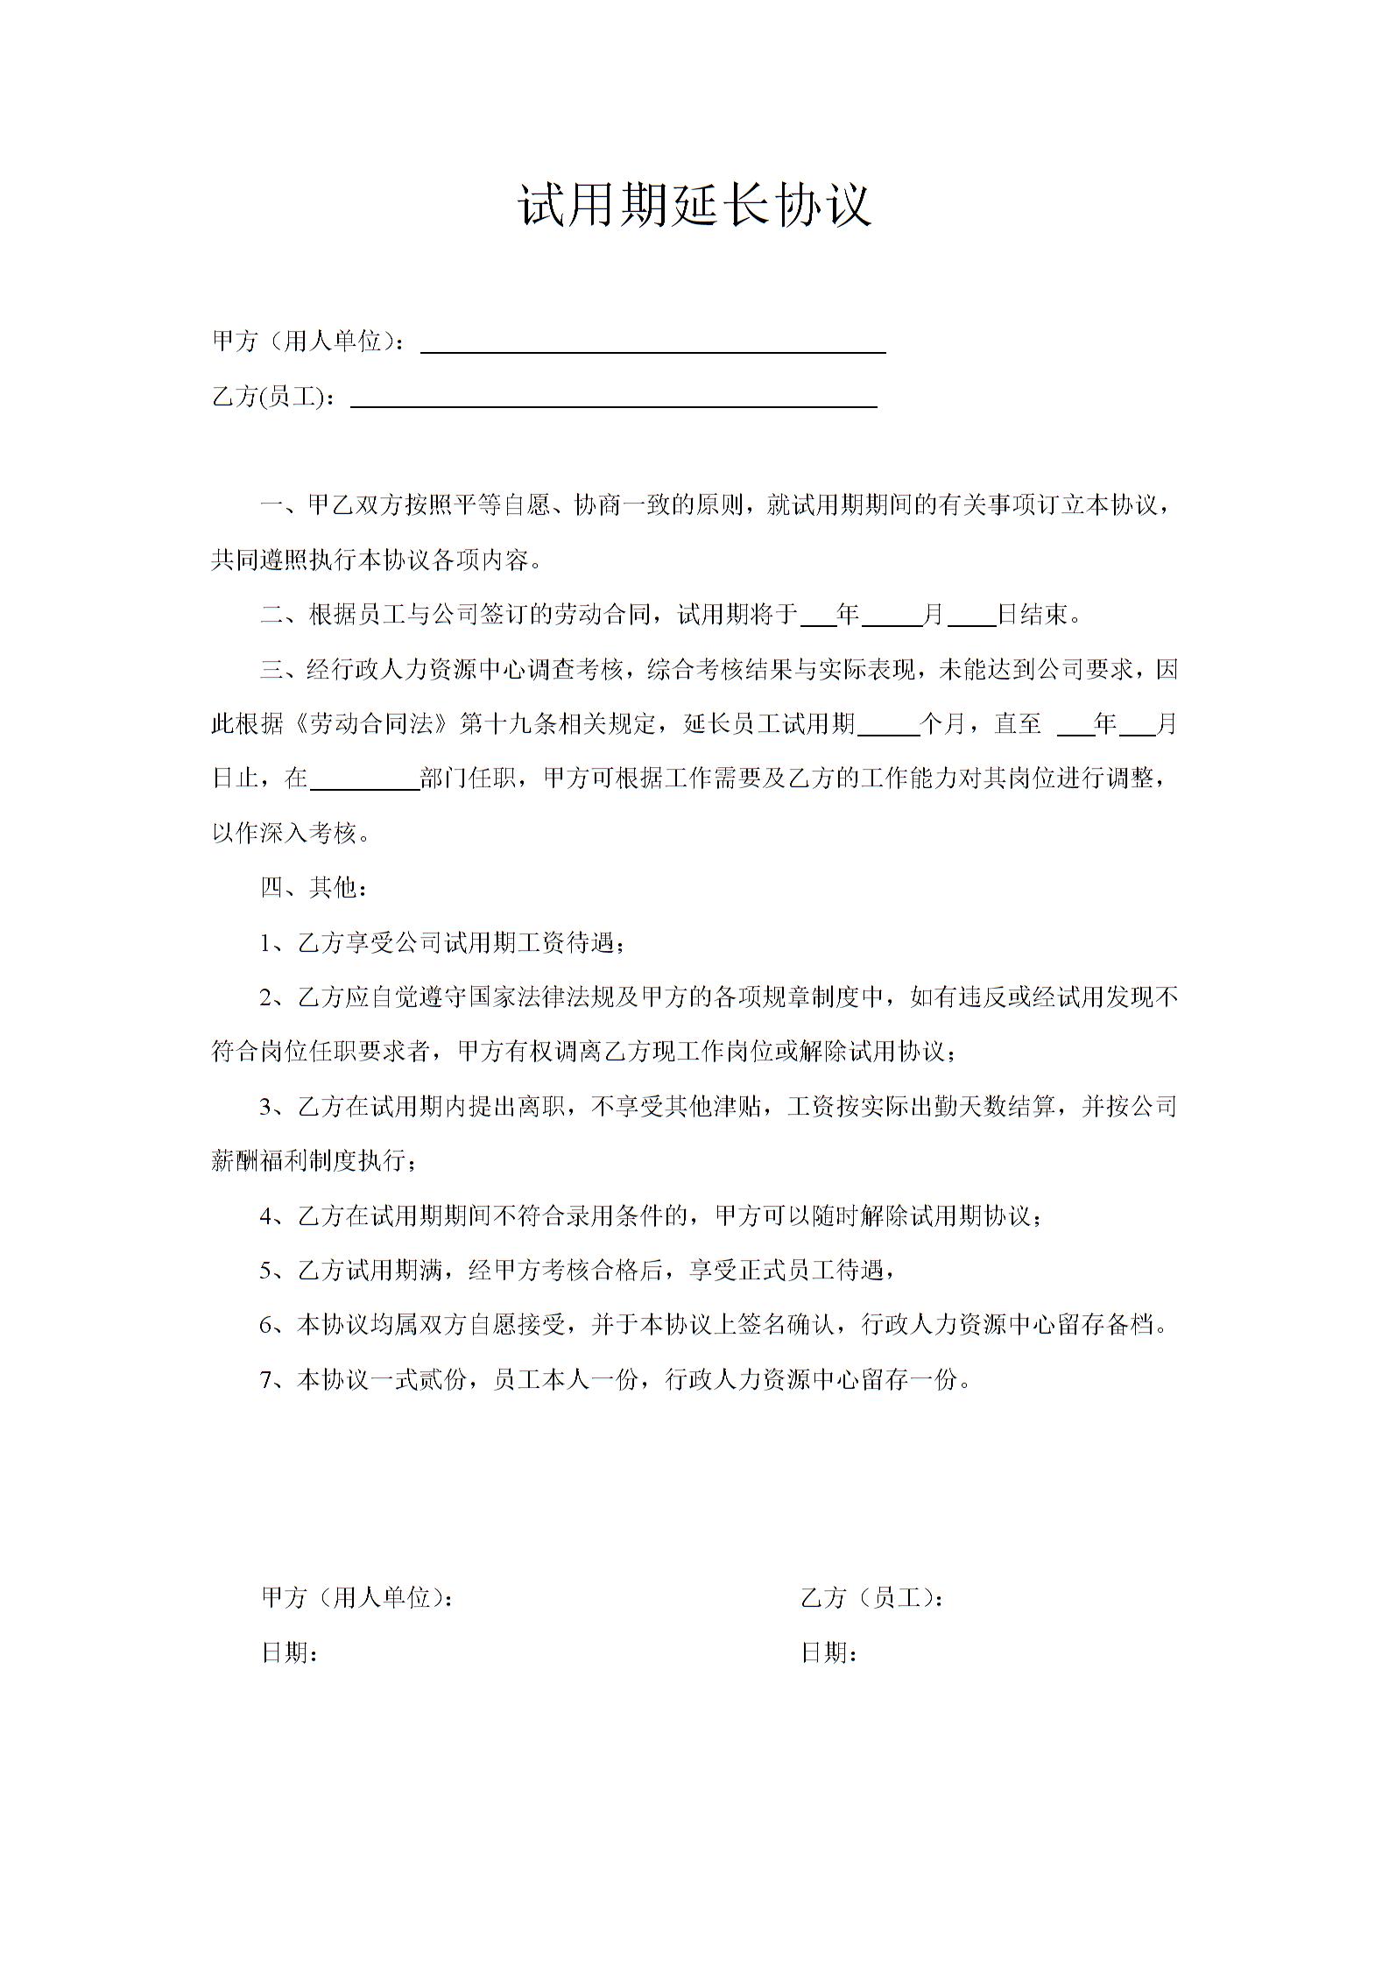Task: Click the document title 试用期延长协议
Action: pos(694,206)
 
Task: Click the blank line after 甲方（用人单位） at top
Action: pos(652,343)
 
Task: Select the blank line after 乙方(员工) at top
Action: pos(613,398)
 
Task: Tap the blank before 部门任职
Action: pos(364,780)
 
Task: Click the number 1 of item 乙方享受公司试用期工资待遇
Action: pos(266,944)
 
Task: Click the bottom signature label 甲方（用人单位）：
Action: pos(358,1598)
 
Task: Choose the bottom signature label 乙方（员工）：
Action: pos(872,1598)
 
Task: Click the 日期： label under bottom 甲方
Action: pos(290,1652)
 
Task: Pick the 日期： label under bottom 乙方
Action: pos(828,1652)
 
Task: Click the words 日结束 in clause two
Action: pos(1033,615)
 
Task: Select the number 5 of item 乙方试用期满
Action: pos(266,1271)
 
